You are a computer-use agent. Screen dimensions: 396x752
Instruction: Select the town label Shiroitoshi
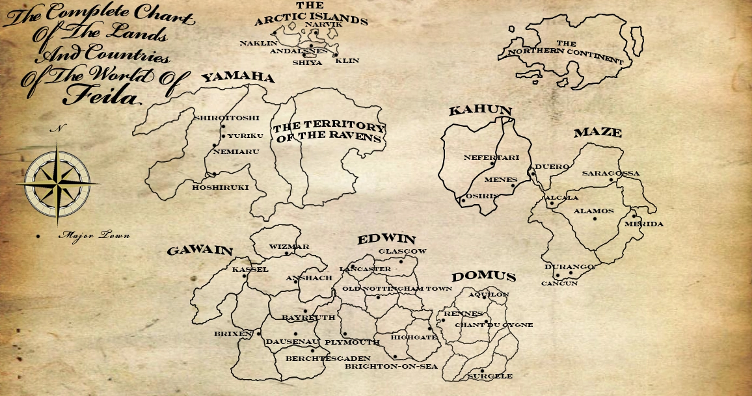click(226, 118)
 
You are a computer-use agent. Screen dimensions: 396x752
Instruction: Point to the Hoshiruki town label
click(220, 187)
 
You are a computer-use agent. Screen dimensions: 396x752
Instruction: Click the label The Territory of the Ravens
click(329, 132)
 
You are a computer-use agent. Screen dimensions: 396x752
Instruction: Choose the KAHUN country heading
click(480, 111)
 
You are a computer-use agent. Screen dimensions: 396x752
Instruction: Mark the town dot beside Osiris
click(463, 200)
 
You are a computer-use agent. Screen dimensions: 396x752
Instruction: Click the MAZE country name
click(597, 133)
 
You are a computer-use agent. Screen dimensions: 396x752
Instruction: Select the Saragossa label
click(611, 174)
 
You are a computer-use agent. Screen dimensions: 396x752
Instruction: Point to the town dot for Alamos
click(595, 218)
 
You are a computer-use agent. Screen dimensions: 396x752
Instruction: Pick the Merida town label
click(643, 224)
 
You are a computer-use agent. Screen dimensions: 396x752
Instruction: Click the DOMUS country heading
click(483, 277)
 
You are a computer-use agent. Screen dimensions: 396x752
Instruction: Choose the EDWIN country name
click(386, 239)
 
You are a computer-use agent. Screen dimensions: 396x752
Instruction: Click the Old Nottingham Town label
click(397, 288)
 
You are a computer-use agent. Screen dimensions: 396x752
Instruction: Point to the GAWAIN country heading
click(200, 251)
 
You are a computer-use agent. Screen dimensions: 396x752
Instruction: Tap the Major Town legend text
click(93, 235)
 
